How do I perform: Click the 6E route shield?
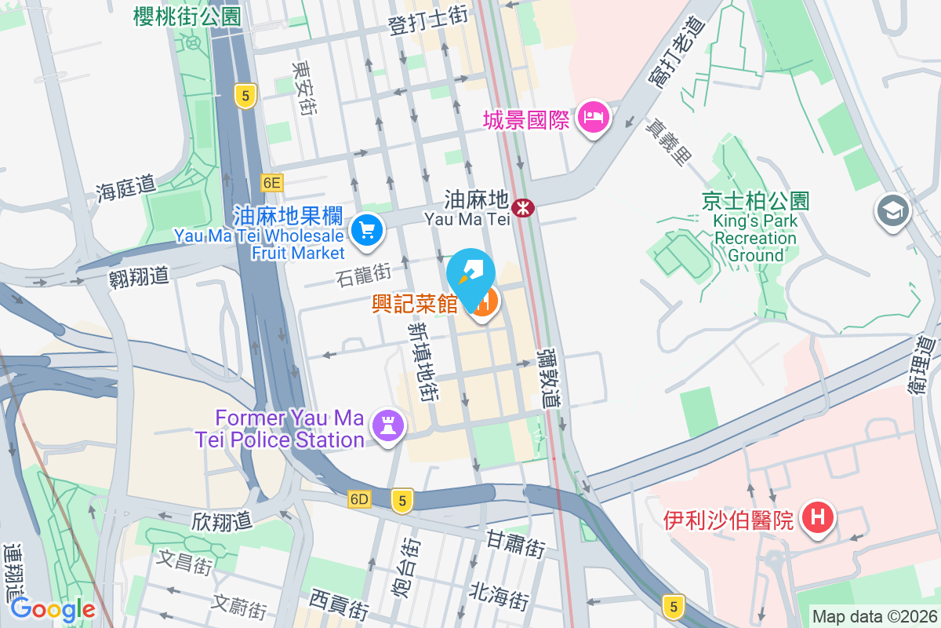[x=271, y=183]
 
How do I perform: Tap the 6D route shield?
[x=360, y=499]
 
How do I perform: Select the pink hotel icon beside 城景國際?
[x=594, y=118]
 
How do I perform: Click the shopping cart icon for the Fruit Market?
[x=367, y=230]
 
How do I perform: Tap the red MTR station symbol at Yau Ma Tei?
[x=522, y=207]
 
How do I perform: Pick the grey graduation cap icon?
[x=893, y=210]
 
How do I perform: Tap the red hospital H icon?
[x=818, y=518]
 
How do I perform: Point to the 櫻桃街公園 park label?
[x=187, y=16]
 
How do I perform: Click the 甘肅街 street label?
[x=515, y=542]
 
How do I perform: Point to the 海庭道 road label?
[x=126, y=188]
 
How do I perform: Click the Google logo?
[x=53, y=609]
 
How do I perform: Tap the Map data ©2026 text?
[x=874, y=616]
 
